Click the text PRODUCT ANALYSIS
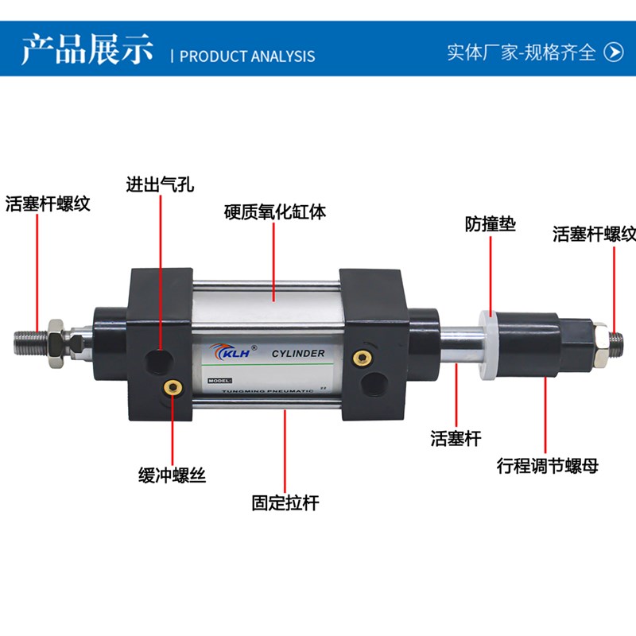coord(247,56)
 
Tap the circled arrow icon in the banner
coord(614,52)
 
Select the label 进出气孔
coord(160,186)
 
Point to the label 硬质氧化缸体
coord(275,212)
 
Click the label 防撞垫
coord(491,225)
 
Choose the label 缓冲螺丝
coord(172,475)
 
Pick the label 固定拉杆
coord(285,502)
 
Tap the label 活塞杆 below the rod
coord(456,438)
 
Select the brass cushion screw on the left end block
coord(171,387)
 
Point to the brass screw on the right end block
coord(363,357)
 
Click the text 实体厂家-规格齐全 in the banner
coord(521,52)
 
